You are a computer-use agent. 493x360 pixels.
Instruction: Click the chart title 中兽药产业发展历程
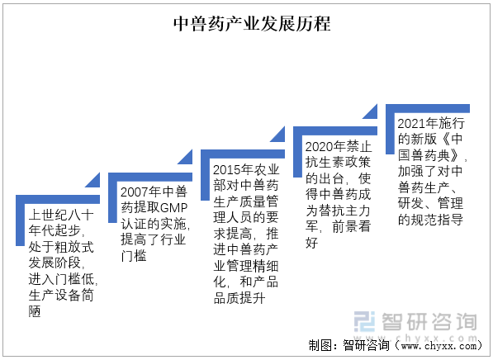[252, 24]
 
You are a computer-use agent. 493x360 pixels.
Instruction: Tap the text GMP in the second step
[174, 208]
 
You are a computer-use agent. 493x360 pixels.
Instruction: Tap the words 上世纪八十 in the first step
[61, 215]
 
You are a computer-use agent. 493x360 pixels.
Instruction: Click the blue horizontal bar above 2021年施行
[428, 108]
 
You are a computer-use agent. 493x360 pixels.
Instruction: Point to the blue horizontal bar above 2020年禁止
[335, 130]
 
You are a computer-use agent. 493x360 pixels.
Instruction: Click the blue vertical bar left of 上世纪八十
[20, 220]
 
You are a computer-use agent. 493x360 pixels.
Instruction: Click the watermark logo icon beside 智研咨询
[365, 321]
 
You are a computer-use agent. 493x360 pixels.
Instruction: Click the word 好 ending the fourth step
[312, 243]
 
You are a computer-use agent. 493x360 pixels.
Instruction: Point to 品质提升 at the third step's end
[239, 298]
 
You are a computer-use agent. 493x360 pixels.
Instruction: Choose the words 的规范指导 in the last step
[430, 220]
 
